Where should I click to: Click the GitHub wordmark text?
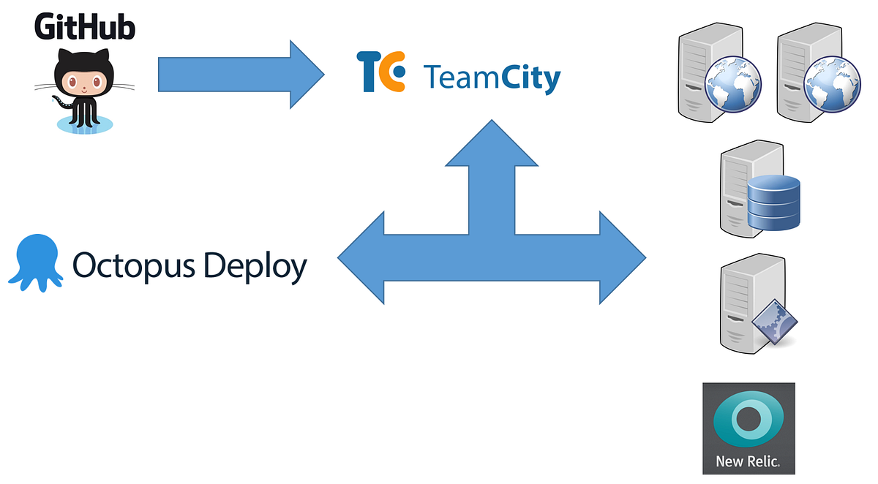85,27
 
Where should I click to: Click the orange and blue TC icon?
381,71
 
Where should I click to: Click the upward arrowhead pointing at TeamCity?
492,143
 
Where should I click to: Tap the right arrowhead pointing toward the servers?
621,257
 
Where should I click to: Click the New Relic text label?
748,462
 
